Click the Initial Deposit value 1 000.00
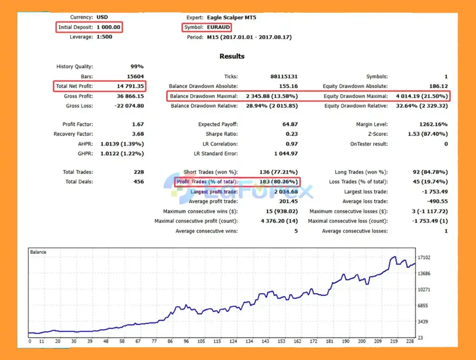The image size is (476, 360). pyautogui.click(x=109, y=27)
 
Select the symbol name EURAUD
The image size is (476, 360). pyautogui.click(x=218, y=27)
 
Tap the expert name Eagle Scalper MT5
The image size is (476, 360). pyautogui.click(x=231, y=17)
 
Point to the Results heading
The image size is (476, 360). pyautogui.click(x=232, y=56)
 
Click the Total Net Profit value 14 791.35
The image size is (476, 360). pyautogui.click(x=129, y=86)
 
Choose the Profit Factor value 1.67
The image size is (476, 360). pyautogui.click(x=138, y=124)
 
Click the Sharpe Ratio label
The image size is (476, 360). pyautogui.click(x=222, y=134)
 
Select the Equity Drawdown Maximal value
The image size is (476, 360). pyautogui.click(x=422, y=96)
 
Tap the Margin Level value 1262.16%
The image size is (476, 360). pyautogui.click(x=433, y=124)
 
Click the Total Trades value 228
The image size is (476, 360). pyautogui.click(x=138, y=172)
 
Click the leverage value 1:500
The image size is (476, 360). pyautogui.click(x=104, y=37)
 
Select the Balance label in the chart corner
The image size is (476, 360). pyautogui.click(x=38, y=252)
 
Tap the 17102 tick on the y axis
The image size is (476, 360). pyautogui.click(x=424, y=258)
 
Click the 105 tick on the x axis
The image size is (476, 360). pyautogui.click(x=201, y=341)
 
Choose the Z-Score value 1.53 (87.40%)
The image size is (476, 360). pyautogui.click(x=428, y=134)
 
